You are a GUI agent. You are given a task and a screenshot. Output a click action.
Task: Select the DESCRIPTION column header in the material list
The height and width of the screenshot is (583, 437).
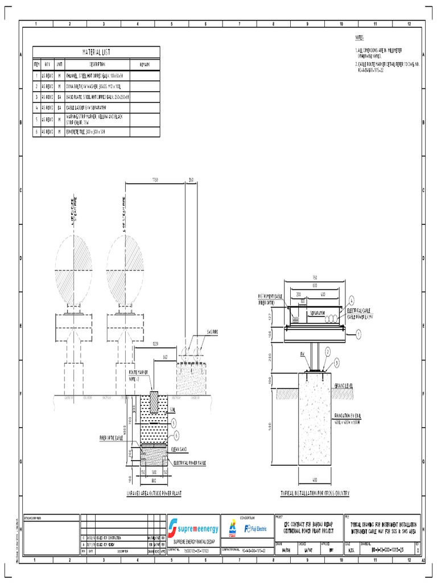(97, 65)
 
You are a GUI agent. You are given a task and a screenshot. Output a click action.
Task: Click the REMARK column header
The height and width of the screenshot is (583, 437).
(145, 65)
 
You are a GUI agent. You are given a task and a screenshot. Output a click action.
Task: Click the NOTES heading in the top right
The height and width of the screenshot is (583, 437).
(359, 38)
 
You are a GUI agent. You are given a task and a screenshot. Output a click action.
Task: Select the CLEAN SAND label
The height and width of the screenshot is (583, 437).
(180, 449)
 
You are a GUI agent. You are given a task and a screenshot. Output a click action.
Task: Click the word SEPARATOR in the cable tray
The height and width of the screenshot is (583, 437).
(318, 314)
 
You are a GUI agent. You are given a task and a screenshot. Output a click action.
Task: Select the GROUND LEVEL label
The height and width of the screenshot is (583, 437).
(345, 385)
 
